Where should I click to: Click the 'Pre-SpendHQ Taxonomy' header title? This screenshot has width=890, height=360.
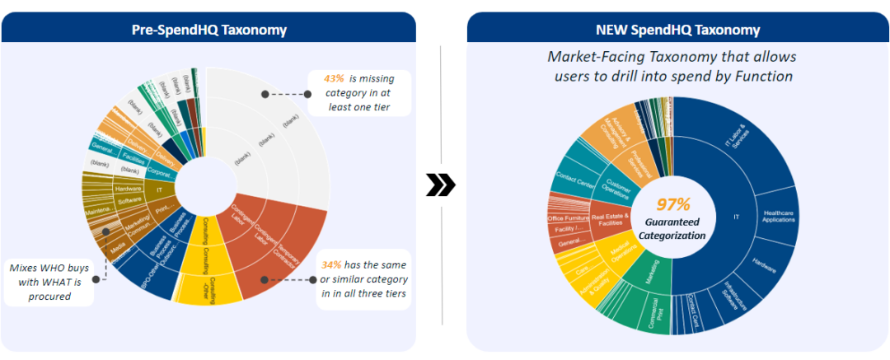pos(209,30)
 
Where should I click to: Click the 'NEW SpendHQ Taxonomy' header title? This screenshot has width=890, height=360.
pos(678,30)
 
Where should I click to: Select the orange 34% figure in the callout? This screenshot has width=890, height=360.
pos(331,265)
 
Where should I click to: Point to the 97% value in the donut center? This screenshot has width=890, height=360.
pos(673,204)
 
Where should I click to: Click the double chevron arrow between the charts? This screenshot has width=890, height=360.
pos(441,187)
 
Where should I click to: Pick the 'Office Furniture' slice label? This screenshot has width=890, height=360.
pos(567,218)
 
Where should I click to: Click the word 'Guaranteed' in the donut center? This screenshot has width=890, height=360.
pos(672,223)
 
